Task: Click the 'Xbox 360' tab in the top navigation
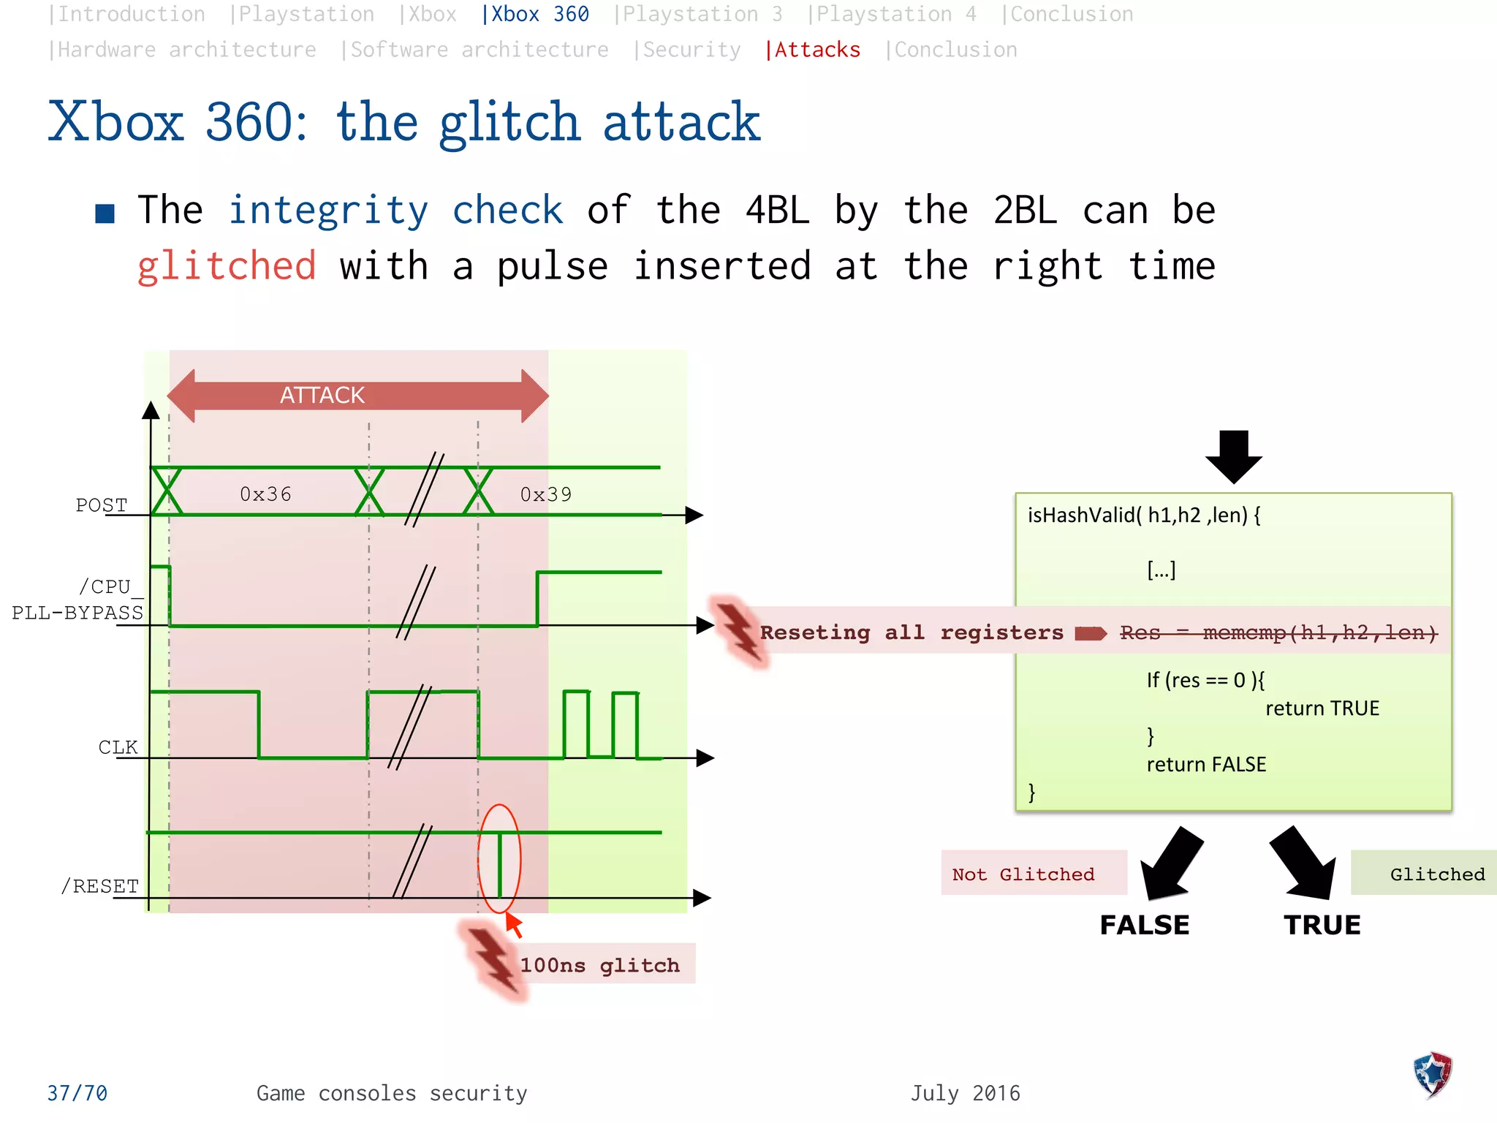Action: (x=535, y=15)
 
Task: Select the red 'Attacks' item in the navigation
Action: (x=813, y=50)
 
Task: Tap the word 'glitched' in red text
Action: (x=227, y=265)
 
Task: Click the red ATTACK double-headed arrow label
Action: (x=322, y=396)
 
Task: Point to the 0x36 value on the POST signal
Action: (x=265, y=495)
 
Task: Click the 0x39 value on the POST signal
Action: (x=546, y=495)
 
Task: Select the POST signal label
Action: (x=102, y=505)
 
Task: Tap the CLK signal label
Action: (x=118, y=747)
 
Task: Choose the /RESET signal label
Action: (x=100, y=886)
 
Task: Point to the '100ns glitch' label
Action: (x=599, y=965)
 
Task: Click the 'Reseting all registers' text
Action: (x=912, y=632)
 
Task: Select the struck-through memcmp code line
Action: (x=1278, y=632)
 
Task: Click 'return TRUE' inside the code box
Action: (x=1322, y=708)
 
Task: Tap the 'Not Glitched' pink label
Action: (x=1023, y=874)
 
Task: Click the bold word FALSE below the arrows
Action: (x=1144, y=925)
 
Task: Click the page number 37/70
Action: (x=77, y=1093)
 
